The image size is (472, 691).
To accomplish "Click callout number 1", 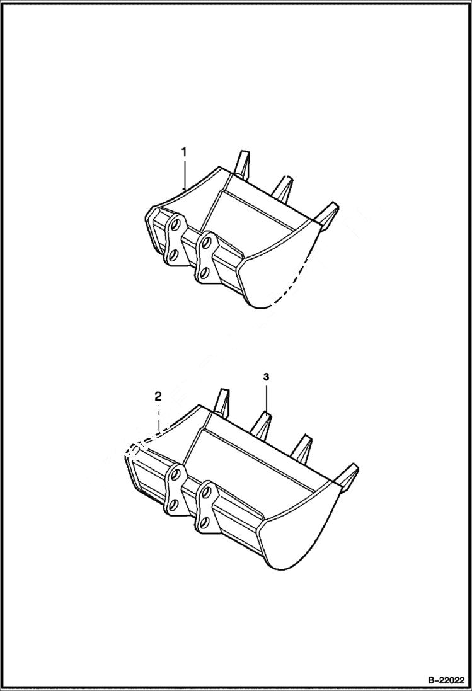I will click(184, 152).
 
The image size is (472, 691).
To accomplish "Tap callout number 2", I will click(158, 396).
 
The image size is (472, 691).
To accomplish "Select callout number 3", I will click(267, 377).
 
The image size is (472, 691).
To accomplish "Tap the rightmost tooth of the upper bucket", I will click(328, 213).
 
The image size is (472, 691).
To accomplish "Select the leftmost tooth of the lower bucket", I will click(222, 400).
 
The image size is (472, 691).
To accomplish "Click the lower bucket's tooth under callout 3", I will click(264, 422).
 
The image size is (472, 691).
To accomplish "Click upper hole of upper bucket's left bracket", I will click(176, 224).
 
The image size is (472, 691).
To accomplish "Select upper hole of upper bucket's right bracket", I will click(206, 240).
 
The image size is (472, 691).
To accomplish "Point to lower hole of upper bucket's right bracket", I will click(202, 272).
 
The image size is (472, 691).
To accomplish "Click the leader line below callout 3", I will click(267, 397).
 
